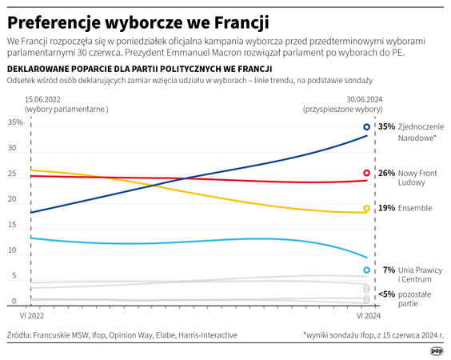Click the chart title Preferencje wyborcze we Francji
click(138, 19)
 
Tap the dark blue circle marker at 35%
click(367, 126)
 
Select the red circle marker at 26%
click(367, 173)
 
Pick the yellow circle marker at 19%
click(367, 208)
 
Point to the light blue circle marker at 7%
click(367, 270)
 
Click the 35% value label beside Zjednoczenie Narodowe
click(387, 126)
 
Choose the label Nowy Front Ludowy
click(421, 178)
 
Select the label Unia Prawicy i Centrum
click(421, 274)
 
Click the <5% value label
click(385, 294)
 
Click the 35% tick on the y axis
click(16, 122)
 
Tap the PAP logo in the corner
click(436, 350)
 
